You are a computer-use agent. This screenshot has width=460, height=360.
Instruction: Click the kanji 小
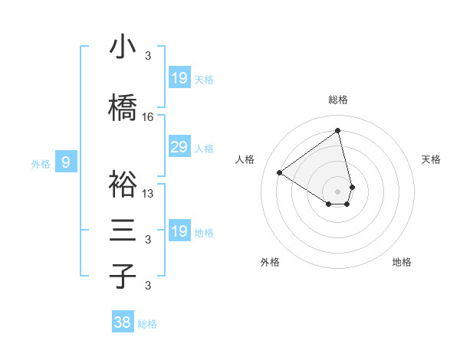pyautogui.click(x=123, y=47)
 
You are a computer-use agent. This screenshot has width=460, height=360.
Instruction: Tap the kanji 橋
pyautogui.click(x=123, y=109)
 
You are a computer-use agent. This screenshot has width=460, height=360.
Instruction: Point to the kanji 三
pyautogui.click(x=123, y=231)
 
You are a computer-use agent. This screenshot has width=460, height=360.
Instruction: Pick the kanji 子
pyautogui.click(x=123, y=276)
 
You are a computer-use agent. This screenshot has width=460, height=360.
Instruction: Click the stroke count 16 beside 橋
pyautogui.click(x=148, y=117)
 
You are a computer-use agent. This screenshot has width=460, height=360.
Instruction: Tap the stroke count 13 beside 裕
pyautogui.click(x=148, y=194)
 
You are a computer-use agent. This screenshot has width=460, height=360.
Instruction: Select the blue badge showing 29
pyautogui.click(x=179, y=148)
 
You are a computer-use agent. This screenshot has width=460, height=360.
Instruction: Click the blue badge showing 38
pyautogui.click(x=123, y=322)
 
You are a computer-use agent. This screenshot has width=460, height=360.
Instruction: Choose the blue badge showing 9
pyautogui.click(x=67, y=162)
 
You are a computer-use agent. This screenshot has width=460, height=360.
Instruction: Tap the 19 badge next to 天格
pyautogui.click(x=179, y=78)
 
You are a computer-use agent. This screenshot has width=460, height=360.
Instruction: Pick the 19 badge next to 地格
pyautogui.click(x=179, y=231)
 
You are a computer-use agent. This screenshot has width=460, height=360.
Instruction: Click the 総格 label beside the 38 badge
pyautogui.click(x=147, y=324)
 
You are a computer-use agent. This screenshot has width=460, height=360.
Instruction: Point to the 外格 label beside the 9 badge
pyautogui.click(x=41, y=163)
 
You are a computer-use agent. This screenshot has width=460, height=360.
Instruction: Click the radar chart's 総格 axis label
pyautogui.click(x=338, y=100)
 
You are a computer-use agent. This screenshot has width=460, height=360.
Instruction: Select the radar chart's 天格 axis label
pyautogui.click(x=432, y=159)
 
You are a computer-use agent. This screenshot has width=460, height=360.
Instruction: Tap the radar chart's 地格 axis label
pyautogui.click(x=402, y=263)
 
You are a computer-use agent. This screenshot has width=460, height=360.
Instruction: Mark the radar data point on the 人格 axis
pyautogui.click(x=280, y=172)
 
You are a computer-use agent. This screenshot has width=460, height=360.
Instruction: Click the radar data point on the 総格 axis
pyautogui.click(x=338, y=130)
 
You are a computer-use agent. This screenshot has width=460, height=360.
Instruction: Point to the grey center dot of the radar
pyautogui.click(x=338, y=191)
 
